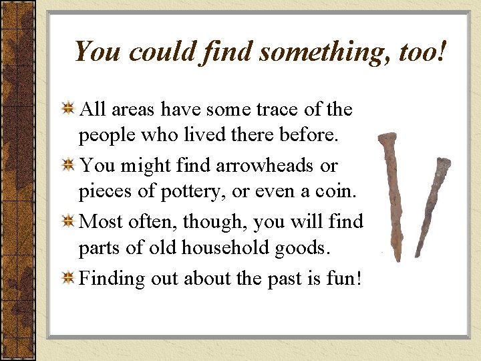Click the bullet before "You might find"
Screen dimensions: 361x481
67,165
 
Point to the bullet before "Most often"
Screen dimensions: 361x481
67,221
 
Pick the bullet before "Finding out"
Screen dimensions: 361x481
67,277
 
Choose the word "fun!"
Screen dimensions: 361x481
342,277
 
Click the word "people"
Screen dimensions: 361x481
104,136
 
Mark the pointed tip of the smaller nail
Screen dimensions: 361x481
417,256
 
